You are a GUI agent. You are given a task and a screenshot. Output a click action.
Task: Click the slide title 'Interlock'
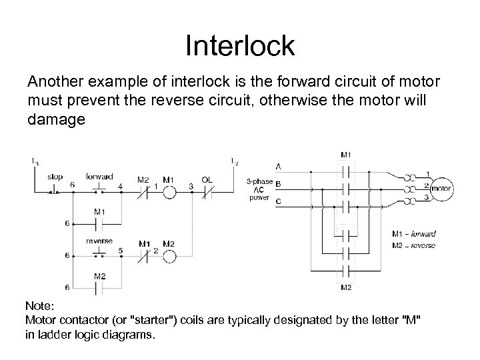point(239,46)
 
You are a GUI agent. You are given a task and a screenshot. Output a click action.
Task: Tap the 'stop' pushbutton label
point(55,177)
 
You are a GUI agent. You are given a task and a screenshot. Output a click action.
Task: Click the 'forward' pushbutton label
point(99,177)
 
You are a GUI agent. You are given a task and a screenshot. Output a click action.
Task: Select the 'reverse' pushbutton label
point(99,241)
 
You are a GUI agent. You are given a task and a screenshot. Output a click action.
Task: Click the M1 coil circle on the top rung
point(169,193)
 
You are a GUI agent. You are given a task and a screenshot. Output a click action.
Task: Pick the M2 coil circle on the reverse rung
point(169,256)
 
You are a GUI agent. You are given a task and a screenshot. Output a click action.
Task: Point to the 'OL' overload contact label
point(207,179)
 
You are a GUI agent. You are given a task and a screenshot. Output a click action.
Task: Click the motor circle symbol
point(441,189)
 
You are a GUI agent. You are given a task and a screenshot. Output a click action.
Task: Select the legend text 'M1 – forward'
point(414,234)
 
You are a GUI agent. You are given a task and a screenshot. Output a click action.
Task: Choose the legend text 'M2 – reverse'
point(414,245)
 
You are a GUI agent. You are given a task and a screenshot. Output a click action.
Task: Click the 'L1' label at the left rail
point(34,161)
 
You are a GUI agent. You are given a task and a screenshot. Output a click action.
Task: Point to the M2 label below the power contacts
point(346,287)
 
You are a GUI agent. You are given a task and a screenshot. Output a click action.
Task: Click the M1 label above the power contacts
point(346,155)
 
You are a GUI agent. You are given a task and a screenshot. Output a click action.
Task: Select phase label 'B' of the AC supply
point(277,183)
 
